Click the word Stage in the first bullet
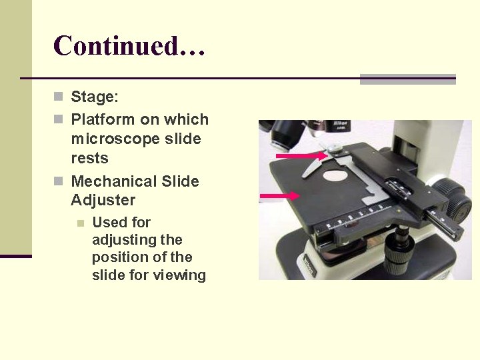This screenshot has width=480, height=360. pyautogui.click(x=94, y=97)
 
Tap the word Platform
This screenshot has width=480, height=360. pyautogui.click(x=102, y=120)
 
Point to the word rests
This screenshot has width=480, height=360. pyautogui.click(x=89, y=159)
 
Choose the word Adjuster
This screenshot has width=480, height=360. pyautogui.click(x=103, y=200)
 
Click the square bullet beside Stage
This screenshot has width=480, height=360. pyautogui.click(x=59, y=97)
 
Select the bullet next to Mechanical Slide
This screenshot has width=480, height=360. pyautogui.click(x=59, y=181)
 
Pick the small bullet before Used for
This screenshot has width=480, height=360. pyautogui.click(x=80, y=223)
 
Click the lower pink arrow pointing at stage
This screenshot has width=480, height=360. pyautogui.click(x=280, y=195)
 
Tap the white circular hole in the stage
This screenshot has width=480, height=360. pyautogui.click(x=337, y=176)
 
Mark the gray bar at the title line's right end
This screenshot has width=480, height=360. pyautogui.click(x=407, y=79)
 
